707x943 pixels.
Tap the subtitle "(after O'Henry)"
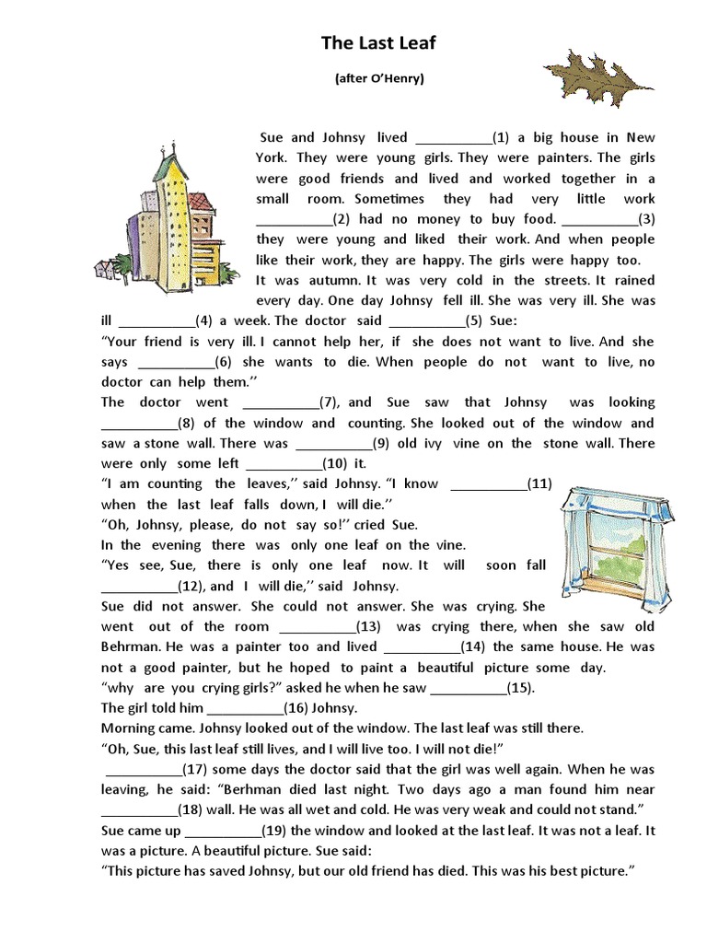(379, 79)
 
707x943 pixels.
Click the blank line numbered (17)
(143, 770)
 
